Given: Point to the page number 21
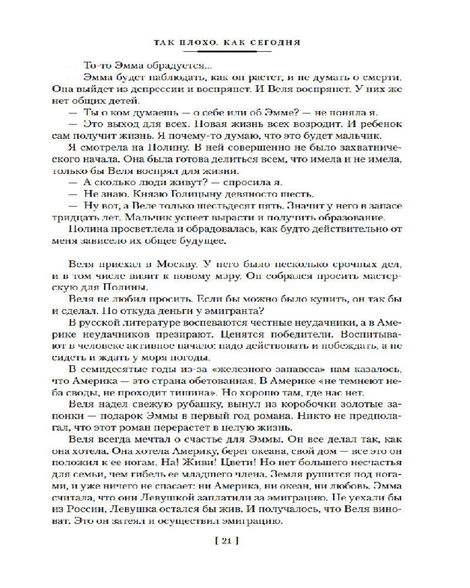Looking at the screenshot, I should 234,543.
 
